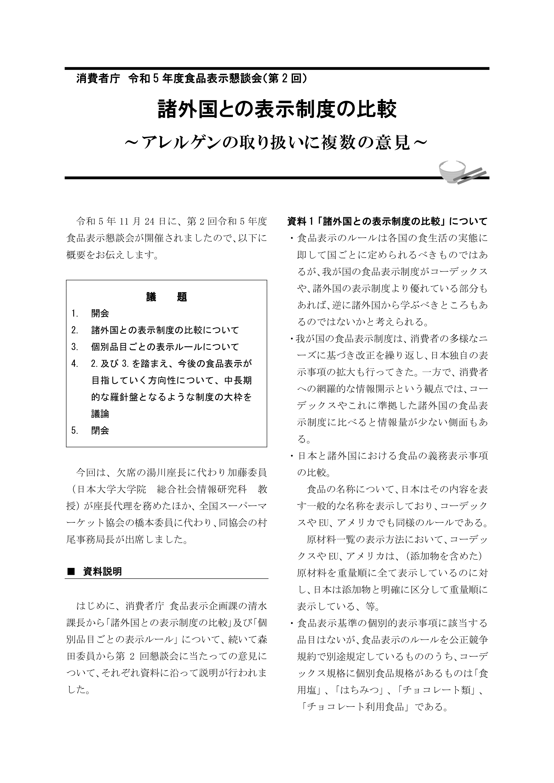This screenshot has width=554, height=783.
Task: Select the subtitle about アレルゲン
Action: point(277,142)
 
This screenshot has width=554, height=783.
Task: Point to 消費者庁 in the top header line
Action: point(98,79)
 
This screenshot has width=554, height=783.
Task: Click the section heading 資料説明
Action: point(102,571)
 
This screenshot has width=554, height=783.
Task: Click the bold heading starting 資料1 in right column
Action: point(387,222)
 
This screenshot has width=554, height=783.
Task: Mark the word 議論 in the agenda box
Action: point(100,414)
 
